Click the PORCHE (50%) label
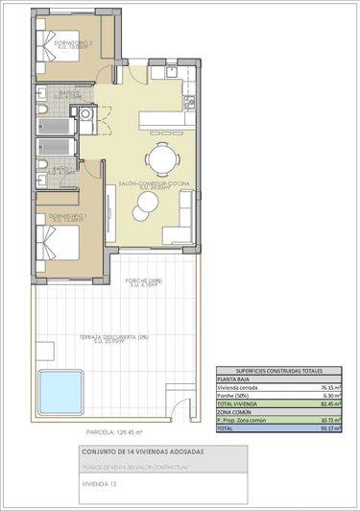coord(143,281)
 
